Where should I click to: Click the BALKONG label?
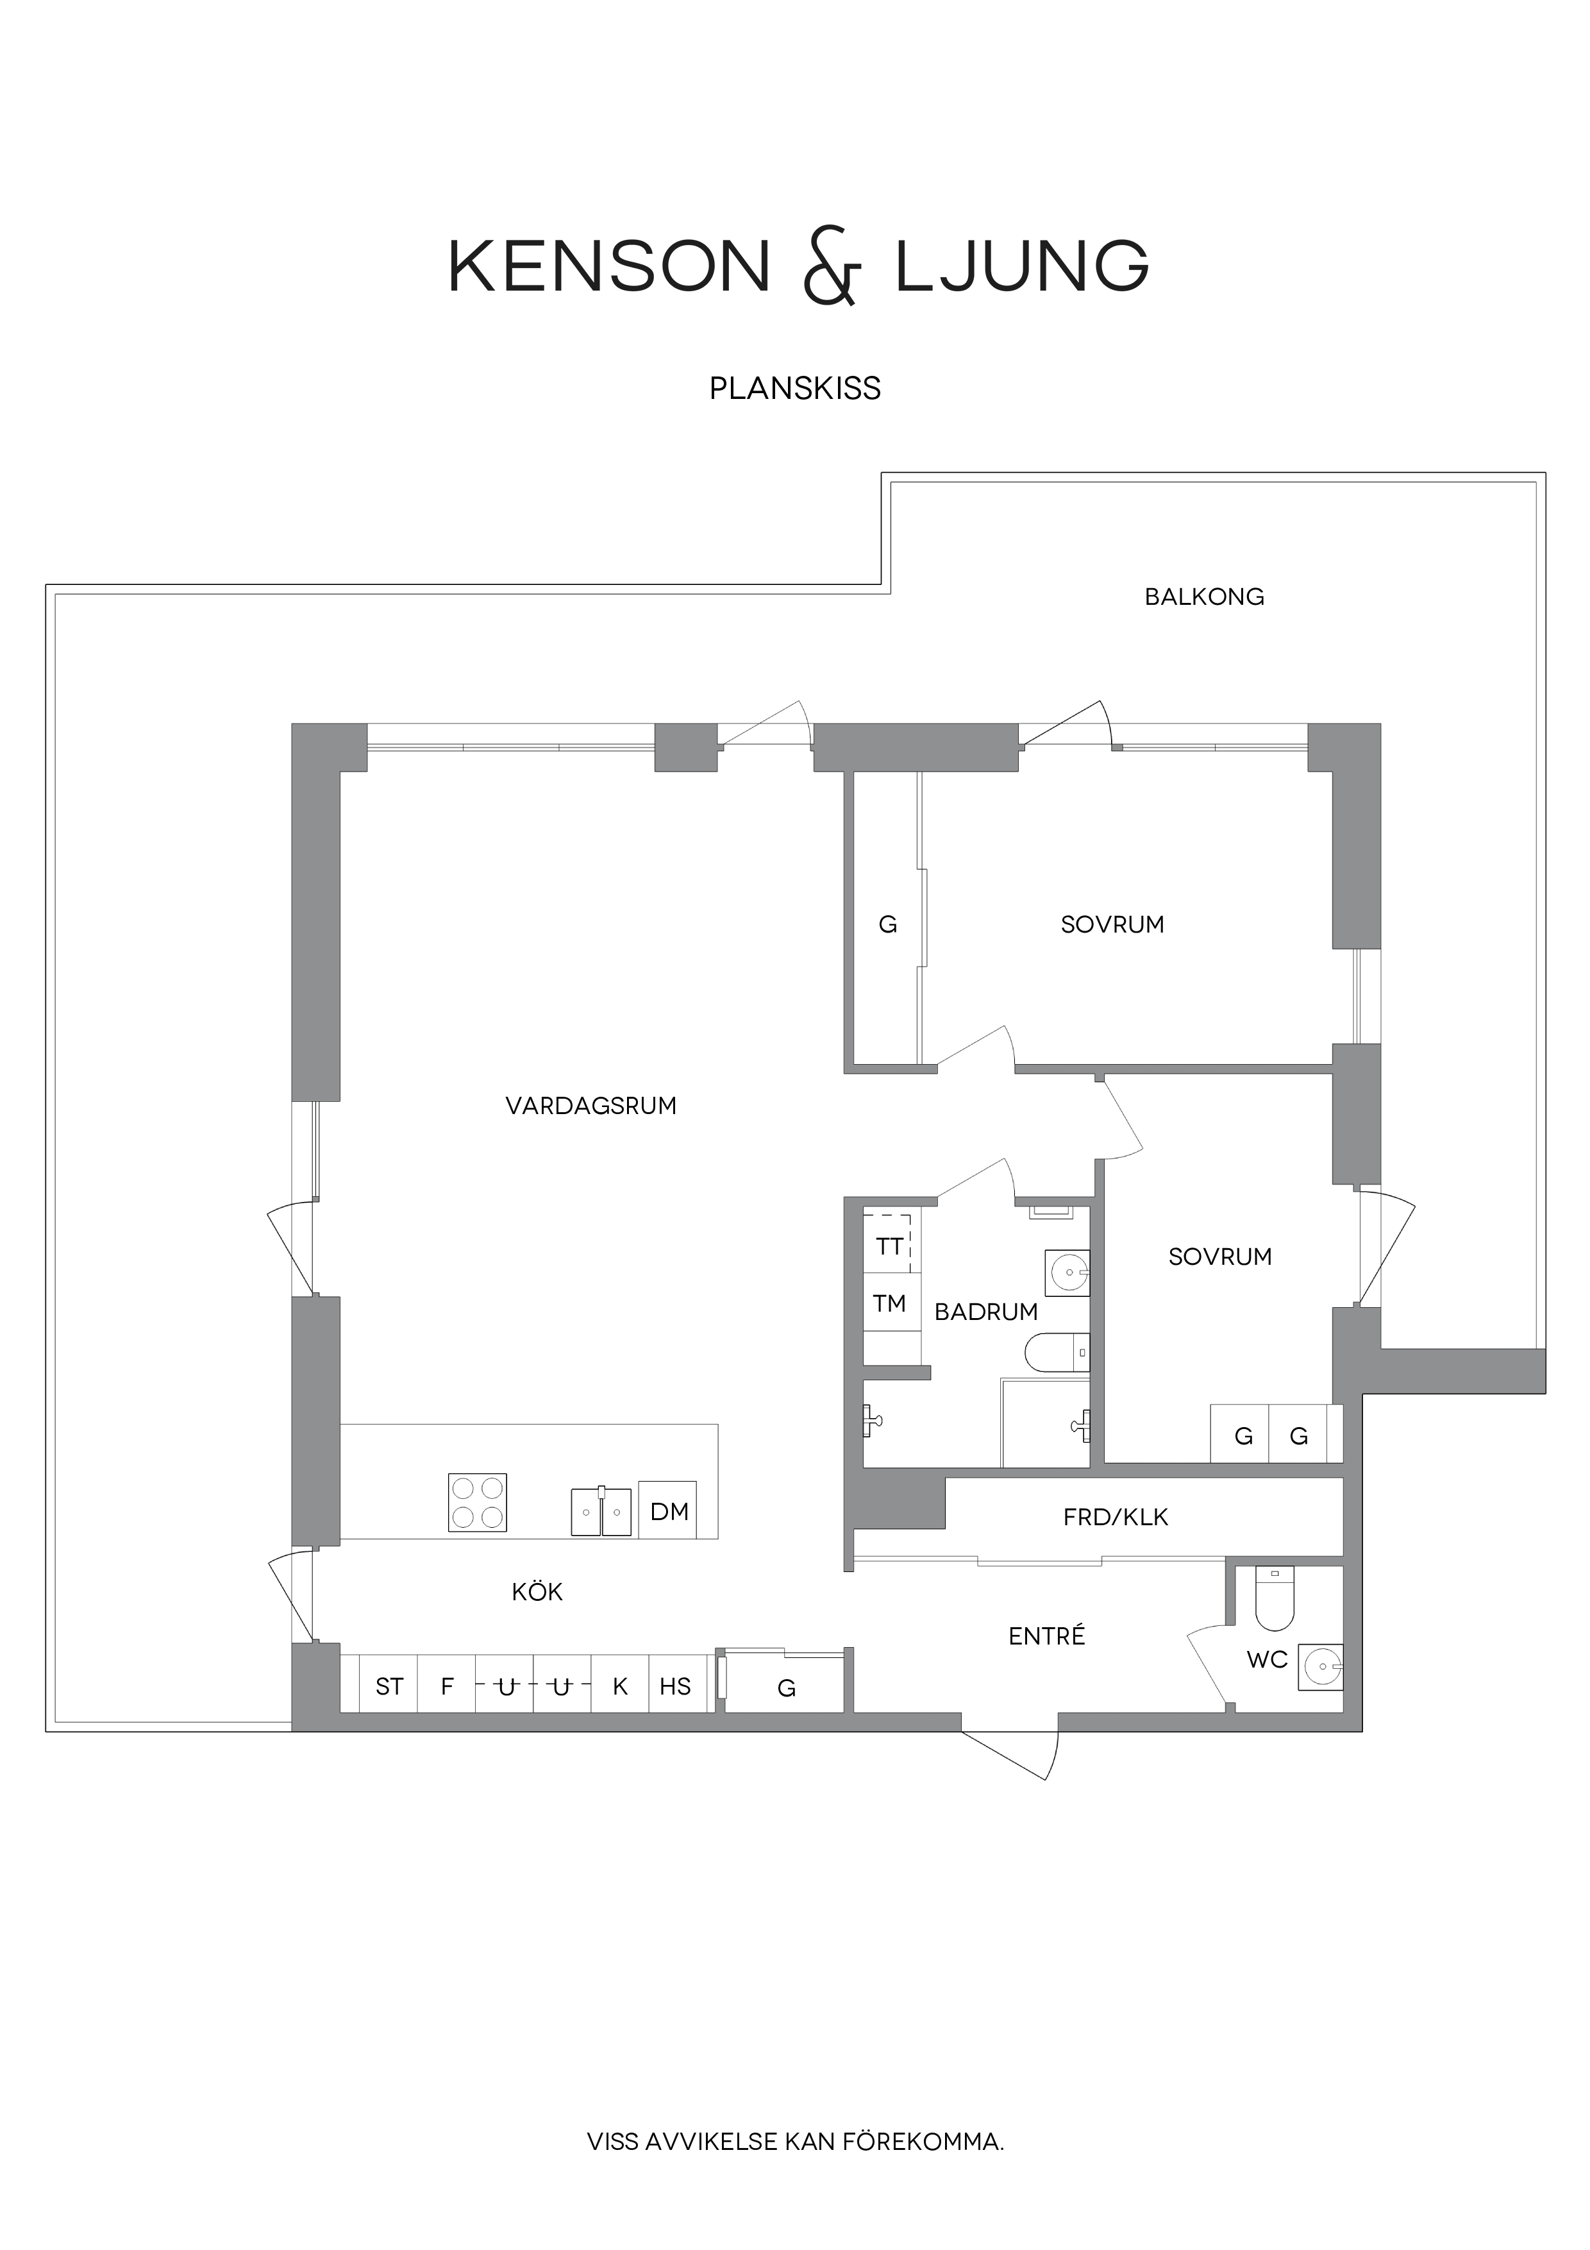tap(1204, 596)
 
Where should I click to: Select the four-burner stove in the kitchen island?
tap(477, 1502)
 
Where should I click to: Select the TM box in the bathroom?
tap(889, 1303)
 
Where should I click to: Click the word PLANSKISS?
tap(794, 389)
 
